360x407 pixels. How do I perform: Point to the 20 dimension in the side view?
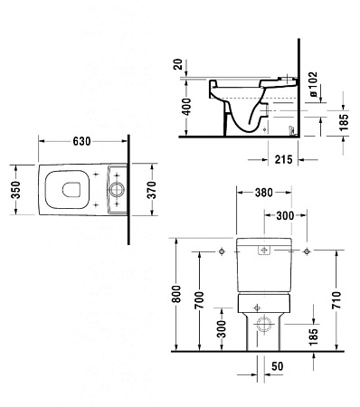click(x=178, y=65)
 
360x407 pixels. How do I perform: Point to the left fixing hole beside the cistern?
click(x=222, y=250)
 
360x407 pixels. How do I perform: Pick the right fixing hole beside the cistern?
click(x=308, y=250)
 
